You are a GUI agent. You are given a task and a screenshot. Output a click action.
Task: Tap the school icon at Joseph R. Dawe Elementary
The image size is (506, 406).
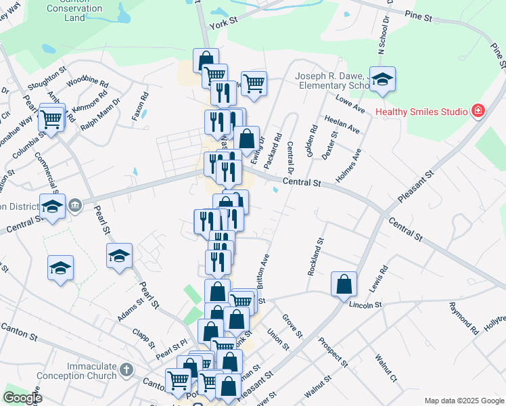click(x=382, y=80)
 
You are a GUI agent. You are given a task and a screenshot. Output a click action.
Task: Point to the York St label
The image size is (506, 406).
click(x=225, y=22)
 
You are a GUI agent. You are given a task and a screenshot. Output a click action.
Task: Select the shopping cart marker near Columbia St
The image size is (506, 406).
click(x=51, y=119)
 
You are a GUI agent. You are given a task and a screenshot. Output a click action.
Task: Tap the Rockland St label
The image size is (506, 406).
click(x=315, y=256)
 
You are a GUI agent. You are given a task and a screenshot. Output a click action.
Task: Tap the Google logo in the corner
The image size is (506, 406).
click(x=22, y=398)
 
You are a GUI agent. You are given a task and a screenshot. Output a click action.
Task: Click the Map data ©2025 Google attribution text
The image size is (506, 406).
click(x=463, y=401)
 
